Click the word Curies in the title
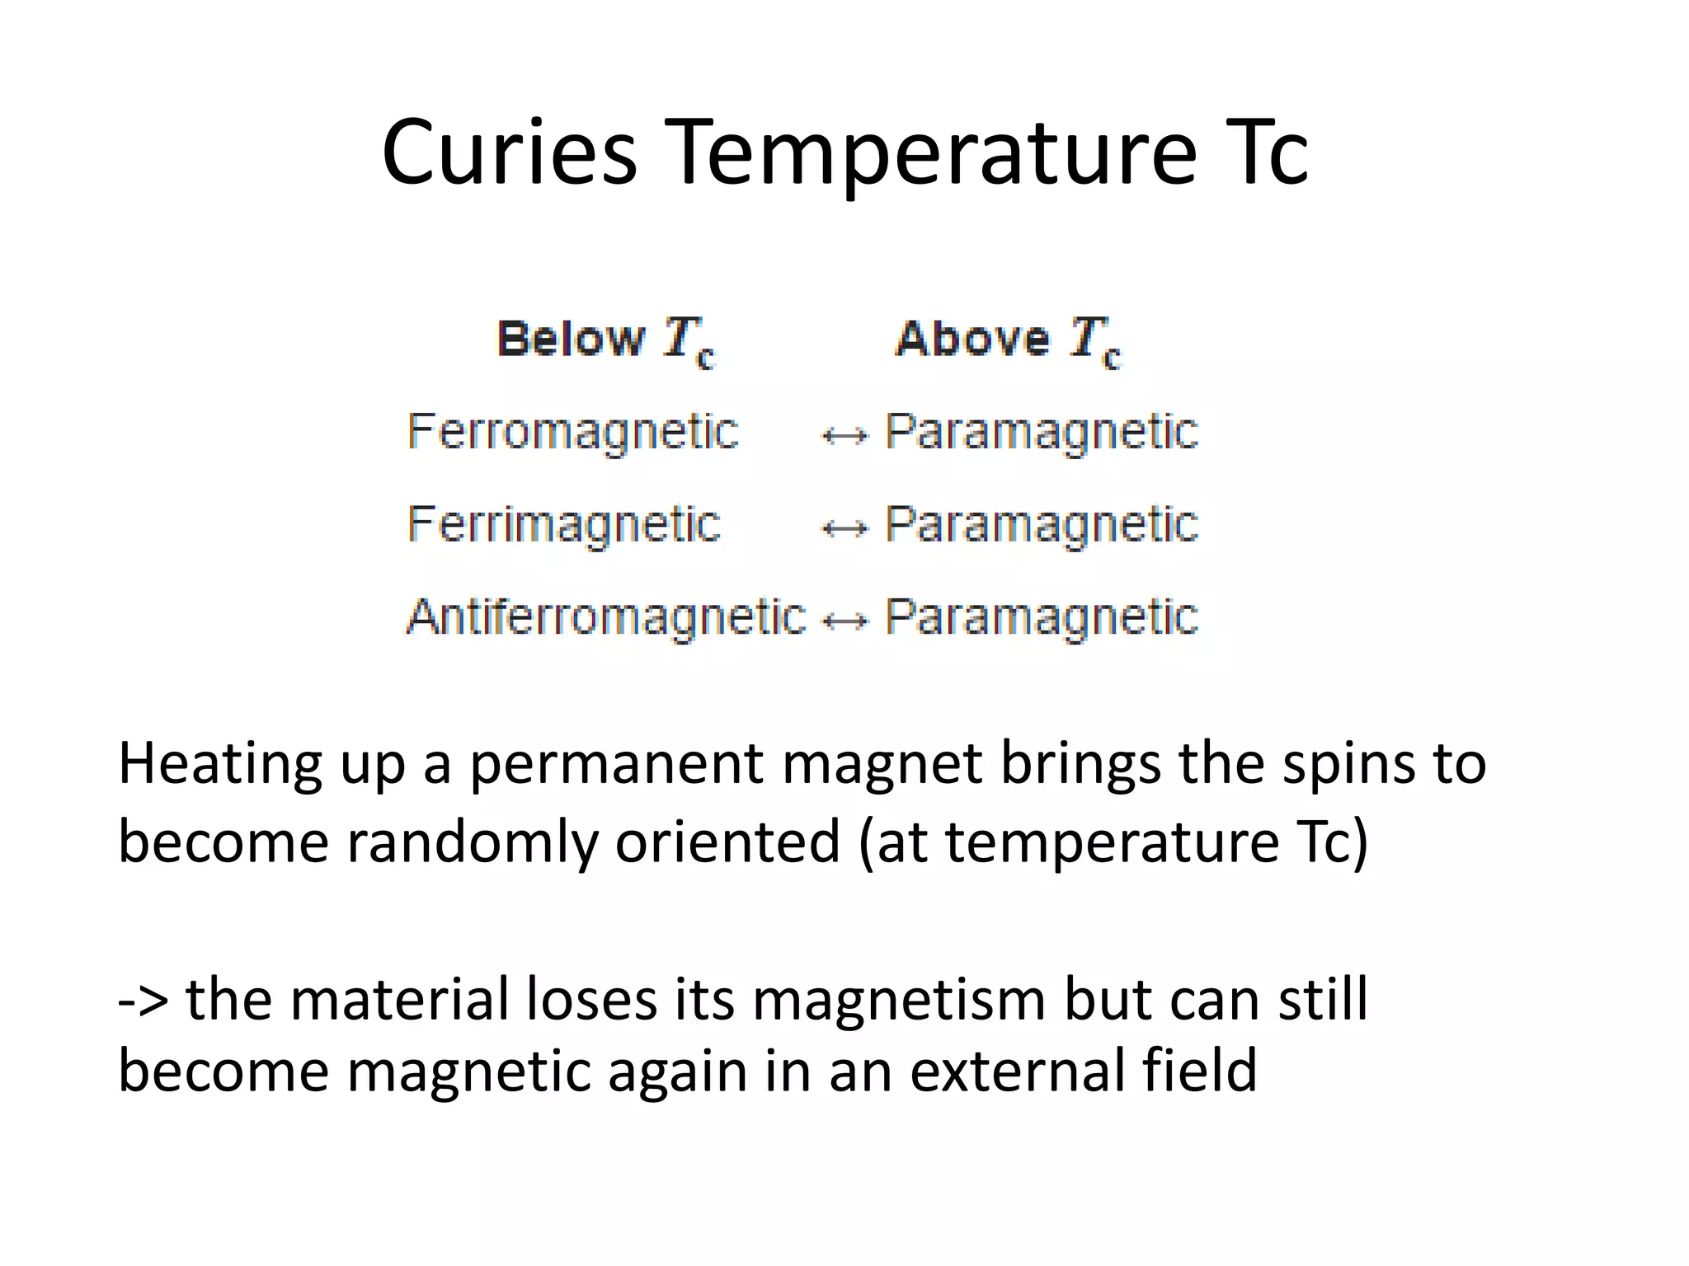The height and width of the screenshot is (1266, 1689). point(509,152)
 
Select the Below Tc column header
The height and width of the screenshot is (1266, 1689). point(606,340)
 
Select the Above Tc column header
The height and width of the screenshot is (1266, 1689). point(1009,340)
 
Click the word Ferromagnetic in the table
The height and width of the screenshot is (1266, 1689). point(573,432)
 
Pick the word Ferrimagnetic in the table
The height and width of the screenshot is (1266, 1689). point(564,524)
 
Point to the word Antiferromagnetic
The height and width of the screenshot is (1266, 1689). point(606,617)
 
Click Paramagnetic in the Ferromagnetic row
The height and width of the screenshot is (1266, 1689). point(1042,432)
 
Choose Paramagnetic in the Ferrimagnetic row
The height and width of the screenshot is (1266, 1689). point(1042,524)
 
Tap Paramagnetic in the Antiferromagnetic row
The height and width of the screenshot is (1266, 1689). point(1042,617)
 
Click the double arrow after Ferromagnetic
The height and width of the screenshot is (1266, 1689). point(844,435)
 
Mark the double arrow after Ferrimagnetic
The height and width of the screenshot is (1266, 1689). point(844,527)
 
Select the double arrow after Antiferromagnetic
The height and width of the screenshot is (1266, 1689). point(846,620)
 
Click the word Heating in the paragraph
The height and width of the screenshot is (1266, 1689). point(220,765)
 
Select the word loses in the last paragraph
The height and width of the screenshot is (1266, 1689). point(589,999)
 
